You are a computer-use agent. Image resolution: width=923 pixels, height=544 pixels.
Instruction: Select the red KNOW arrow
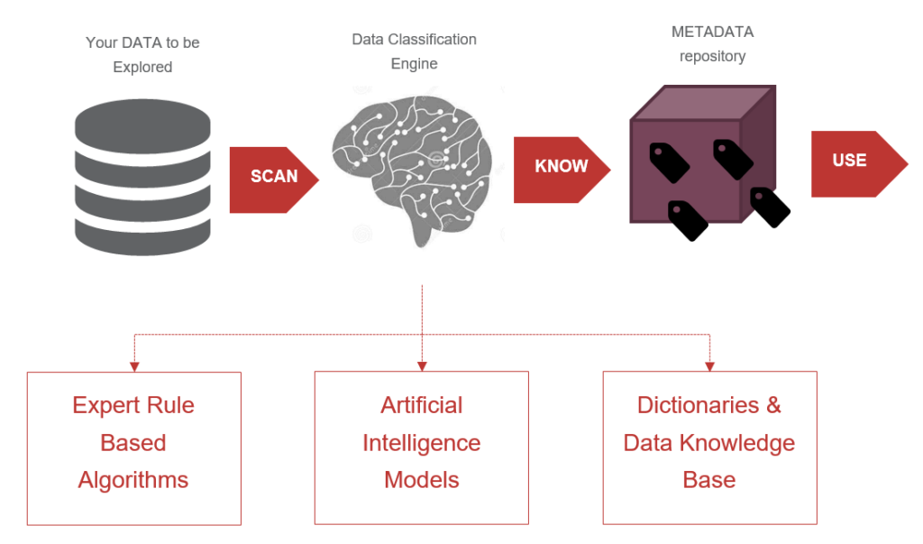click(x=560, y=168)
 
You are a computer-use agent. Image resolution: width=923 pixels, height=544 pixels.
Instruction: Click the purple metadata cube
click(x=699, y=158)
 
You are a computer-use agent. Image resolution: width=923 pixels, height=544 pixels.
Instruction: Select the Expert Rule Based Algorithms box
click(x=133, y=447)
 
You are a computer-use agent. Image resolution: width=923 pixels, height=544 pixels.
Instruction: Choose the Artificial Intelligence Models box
click(x=421, y=447)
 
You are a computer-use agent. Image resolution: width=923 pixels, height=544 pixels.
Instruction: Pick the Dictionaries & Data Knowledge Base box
click(x=709, y=447)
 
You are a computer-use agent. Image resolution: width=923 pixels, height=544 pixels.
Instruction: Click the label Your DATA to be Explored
click(x=142, y=54)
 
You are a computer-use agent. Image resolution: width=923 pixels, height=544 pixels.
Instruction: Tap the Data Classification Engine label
click(x=414, y=51)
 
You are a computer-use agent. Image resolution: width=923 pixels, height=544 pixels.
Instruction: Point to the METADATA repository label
click(x=712, y=43)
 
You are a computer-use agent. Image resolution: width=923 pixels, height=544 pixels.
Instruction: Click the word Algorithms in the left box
click(x=133, y=480)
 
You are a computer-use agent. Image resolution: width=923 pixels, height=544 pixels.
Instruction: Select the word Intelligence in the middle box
click(x=421, y=443)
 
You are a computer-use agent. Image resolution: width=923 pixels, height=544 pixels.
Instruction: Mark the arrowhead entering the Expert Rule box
click(x=134, y=366)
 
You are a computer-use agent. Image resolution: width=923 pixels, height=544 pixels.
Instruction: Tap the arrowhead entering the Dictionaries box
click(x=709, y=366)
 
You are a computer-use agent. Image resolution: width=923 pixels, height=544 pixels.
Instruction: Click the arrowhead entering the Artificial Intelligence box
click(x=422, y=366)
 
